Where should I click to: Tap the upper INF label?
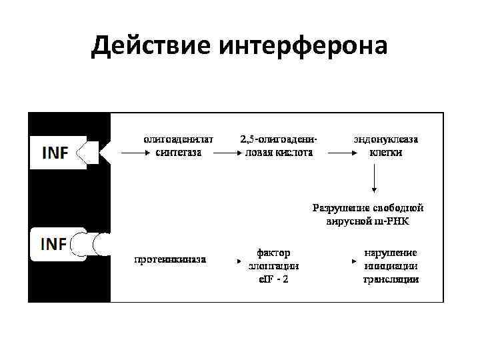55,153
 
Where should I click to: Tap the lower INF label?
54,245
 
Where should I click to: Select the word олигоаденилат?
179,140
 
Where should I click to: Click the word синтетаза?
179,152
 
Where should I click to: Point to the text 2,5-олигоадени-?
278,140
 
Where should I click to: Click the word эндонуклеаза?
386,140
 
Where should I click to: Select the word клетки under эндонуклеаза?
386,152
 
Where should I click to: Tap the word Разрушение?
339,208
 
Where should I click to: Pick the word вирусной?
351,221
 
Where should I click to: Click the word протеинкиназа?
170,259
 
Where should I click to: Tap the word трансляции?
391,279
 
